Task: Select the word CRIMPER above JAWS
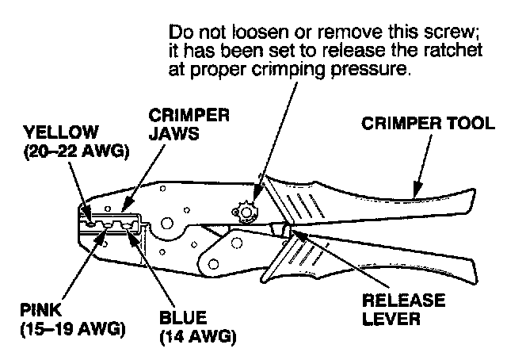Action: point(189,115)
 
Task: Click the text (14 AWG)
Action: point(198,338)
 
